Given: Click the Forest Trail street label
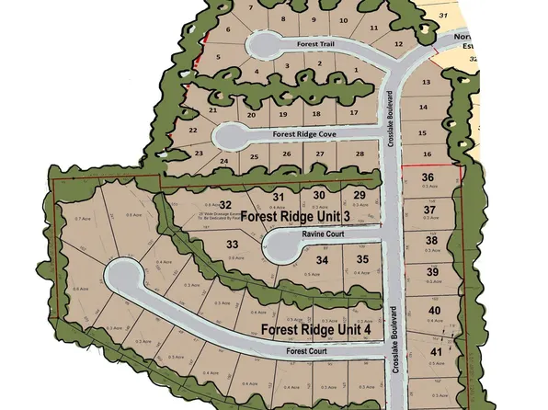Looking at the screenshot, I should click(x=321, y=44).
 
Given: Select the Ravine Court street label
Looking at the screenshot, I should click(x=322, y=234).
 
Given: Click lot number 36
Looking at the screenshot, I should click(x=427, y=177).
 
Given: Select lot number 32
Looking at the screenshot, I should click(x=224, y=203).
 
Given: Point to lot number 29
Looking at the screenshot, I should click(x=360, y=195).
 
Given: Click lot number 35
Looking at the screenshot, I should click(x=362, y=260).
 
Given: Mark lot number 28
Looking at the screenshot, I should click(x=360, y=154).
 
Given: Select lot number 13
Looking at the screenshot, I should click(x=426, y=83).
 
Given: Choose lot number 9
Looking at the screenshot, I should click(x=314, y=19).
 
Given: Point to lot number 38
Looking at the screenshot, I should click(x=431, y=241).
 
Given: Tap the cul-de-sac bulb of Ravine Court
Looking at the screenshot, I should click(x=274, y=244).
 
